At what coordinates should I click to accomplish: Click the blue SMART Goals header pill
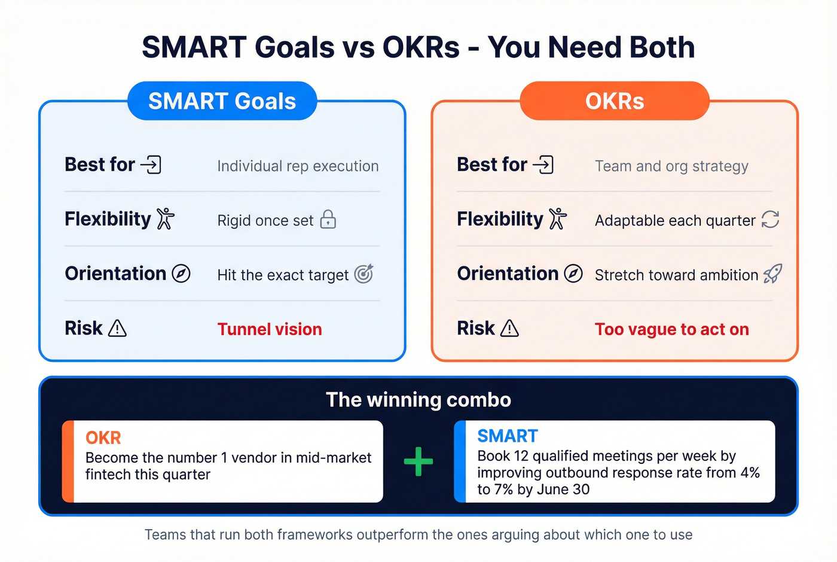(x=222, y=101)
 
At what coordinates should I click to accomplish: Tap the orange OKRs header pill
(x=614, y=101)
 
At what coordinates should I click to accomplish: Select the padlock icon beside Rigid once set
(x=328, y=220)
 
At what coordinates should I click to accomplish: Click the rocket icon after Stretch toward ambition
(x=772, y=274)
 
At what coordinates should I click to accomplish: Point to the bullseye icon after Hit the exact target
(x=363, y=274)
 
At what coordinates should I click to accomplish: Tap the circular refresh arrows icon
(x=770, y=220)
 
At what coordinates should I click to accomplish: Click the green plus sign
(x=418, y=461)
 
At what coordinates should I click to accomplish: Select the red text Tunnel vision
(x=270, y=329)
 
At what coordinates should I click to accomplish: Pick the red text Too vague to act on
(x=671, y=329)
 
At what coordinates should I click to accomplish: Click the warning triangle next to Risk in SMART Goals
(x=117, y=329)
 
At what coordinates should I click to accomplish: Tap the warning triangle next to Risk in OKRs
(x=509, y=329)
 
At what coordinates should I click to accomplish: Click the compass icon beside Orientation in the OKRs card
(x=573, y=274)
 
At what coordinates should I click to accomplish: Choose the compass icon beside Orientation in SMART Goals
(x=181, y=274)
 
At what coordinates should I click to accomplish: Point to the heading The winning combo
(x=418, y=400)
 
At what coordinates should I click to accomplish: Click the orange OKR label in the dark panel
(x=103, y=438)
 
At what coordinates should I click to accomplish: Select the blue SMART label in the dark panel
(x=508, y=436)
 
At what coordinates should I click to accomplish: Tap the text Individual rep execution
(x=298, y=166)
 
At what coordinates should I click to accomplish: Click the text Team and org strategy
(x=671, y=166)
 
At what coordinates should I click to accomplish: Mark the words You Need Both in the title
(x=591, y=47)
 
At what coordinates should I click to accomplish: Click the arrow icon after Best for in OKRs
(x=543, y=165)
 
